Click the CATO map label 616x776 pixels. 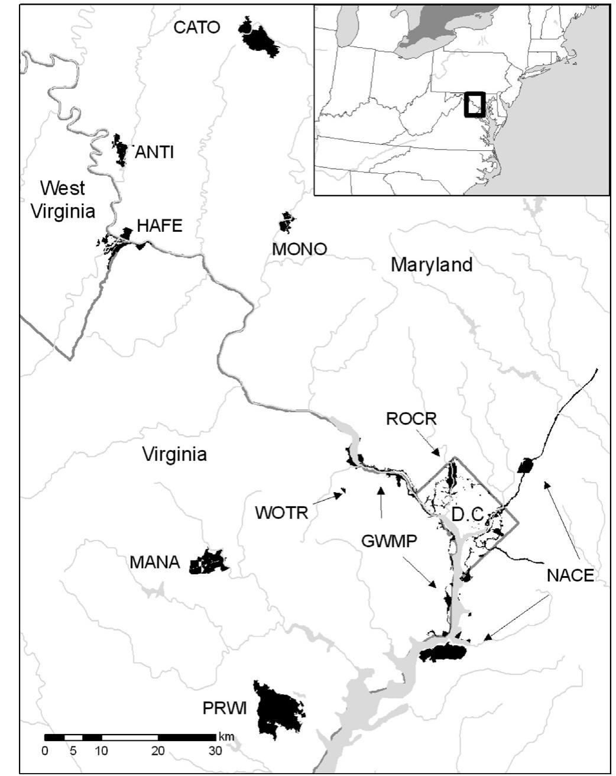coord(197,27)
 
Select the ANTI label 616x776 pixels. coord(154,152)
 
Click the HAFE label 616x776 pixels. coord(160,225)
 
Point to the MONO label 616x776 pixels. coord(299,249)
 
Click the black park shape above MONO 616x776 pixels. coord(287,223)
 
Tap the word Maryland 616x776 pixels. coord(432,264)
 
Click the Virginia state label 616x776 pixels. coord(175,454)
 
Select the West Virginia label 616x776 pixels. coord(63,199)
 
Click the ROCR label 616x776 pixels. coord(411,419)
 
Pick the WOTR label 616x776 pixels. coord(281,512)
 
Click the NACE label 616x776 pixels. coord(570,575)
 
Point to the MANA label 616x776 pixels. coord(155,562)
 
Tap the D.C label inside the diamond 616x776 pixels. coord(467,515)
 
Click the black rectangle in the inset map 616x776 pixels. coord(474,104)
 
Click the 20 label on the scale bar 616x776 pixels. coord(158,751)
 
